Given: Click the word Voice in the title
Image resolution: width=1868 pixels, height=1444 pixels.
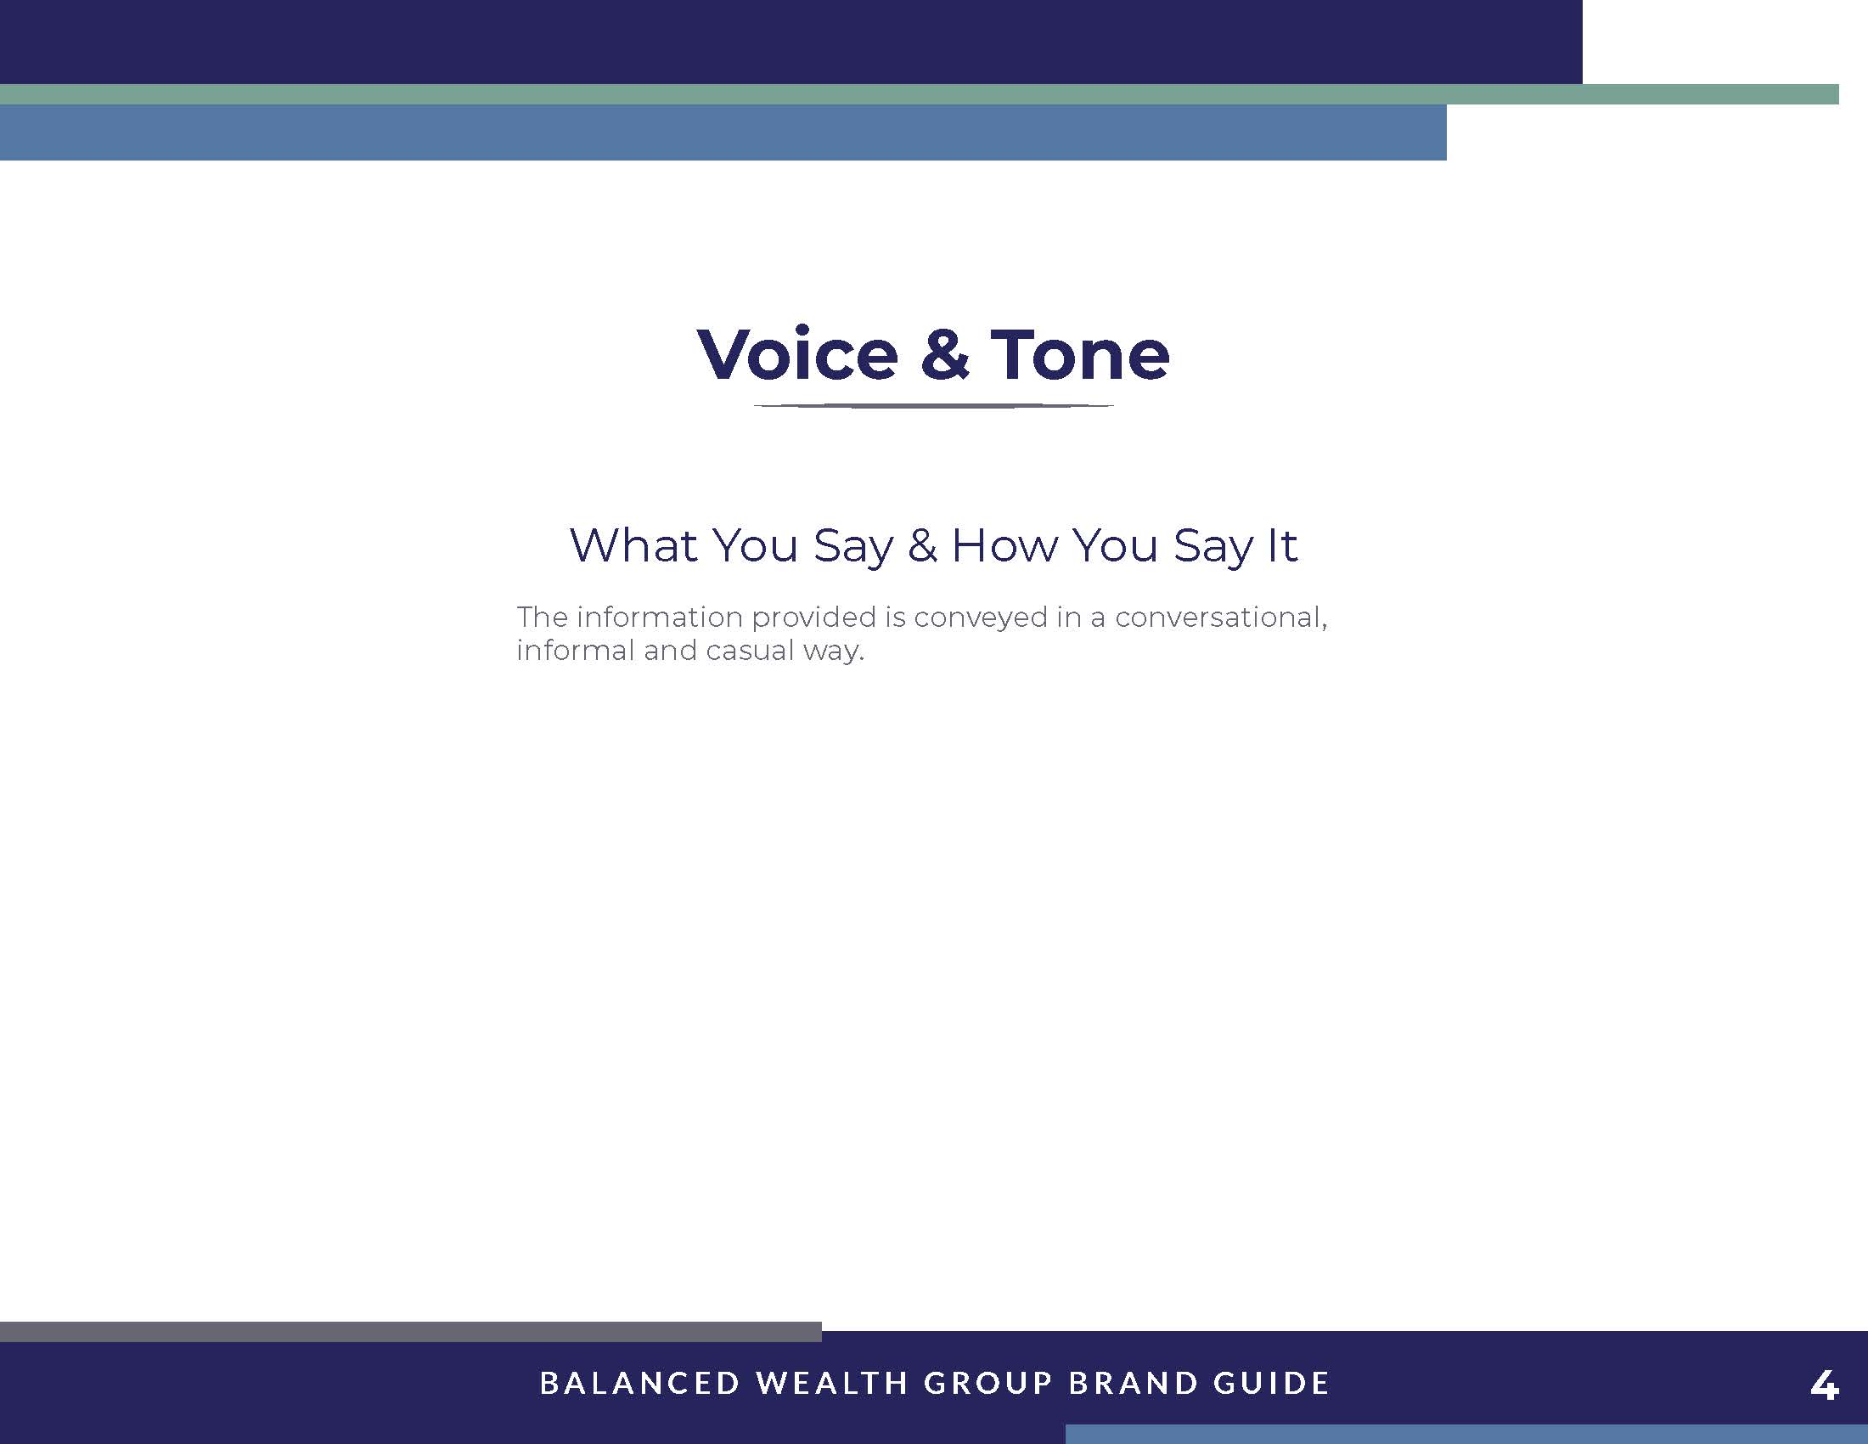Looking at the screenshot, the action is pyautogui.click(x=798, y=353).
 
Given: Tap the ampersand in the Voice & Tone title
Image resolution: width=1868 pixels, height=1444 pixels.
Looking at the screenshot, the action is pyautogui.click(x=945, y=353).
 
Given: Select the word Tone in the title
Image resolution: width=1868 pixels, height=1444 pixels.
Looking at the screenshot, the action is pyautogui.click(x=1080, y=353).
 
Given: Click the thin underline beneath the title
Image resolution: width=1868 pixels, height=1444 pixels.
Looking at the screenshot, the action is pyautogui.click(x=933, y=405).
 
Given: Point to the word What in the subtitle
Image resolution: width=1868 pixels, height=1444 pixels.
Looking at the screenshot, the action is pyautogui.click(x=633, y=545).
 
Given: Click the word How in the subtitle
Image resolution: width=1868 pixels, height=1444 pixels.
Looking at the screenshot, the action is pyautogui.click(x=1005, y=545).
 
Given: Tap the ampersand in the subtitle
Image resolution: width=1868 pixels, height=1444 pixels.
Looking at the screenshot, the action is pyautogui.click(x=923, y=546).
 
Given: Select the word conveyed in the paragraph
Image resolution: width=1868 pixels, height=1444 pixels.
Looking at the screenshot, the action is pyautogui.click(x=981, y=618).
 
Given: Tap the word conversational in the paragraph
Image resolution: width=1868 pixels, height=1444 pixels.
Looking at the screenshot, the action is pyautogui.click(x=1221, y=618).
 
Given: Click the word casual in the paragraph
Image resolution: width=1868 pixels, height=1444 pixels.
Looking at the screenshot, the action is pyautogui.click(x=750, y=651).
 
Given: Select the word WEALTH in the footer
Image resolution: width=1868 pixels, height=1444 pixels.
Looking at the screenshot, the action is pyautogui.click(x=832, y=1383).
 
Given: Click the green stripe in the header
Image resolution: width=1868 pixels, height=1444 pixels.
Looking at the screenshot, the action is pyautogui.click(x=920, y=94).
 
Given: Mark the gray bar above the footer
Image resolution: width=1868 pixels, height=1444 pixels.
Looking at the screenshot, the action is pyautogui.click(x=411, y=1332).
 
